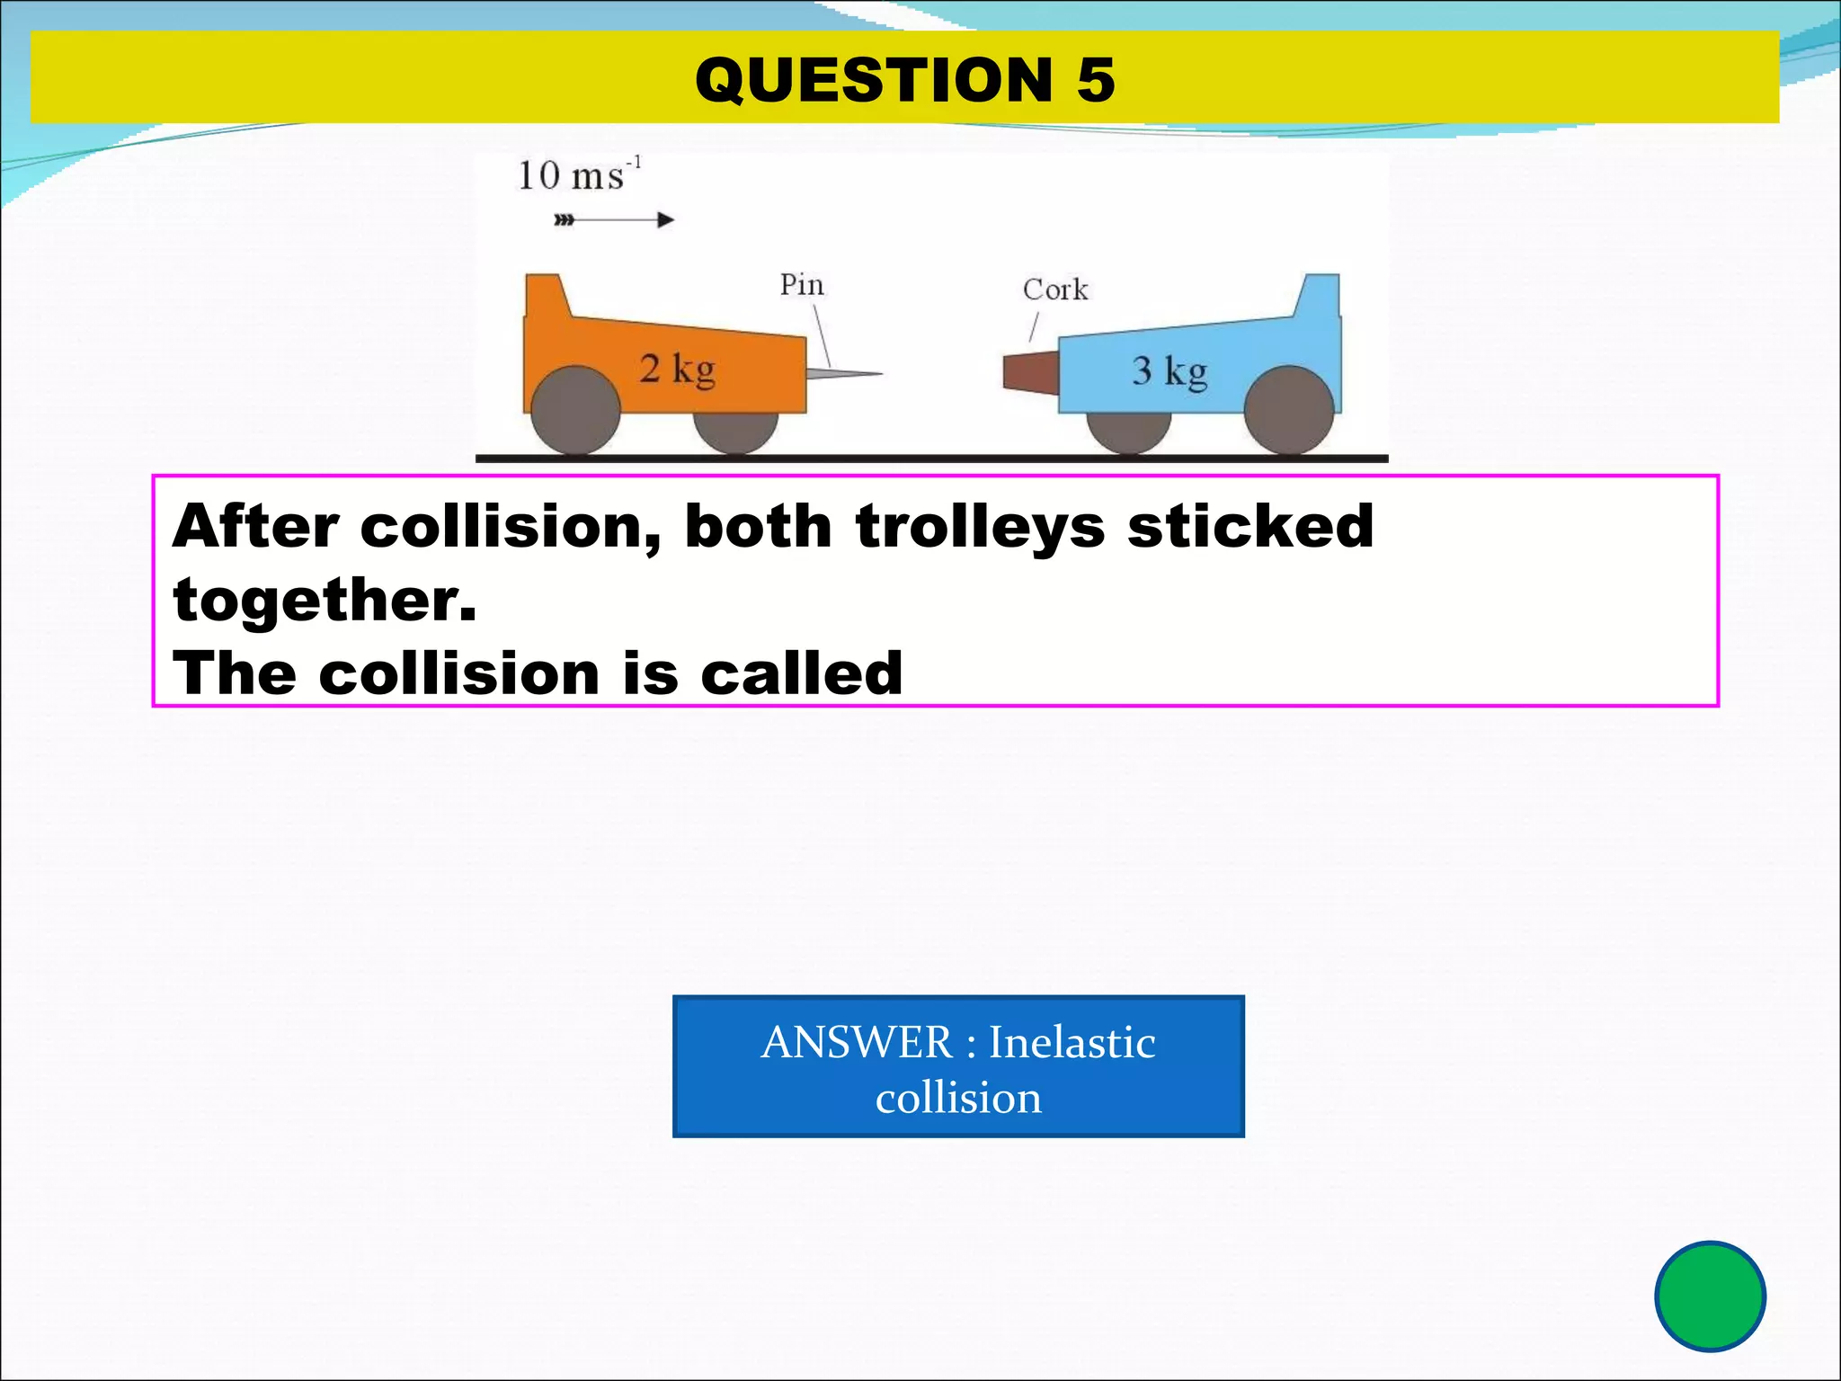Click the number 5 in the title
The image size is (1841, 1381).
1095,80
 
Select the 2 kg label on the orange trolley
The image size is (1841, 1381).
677,369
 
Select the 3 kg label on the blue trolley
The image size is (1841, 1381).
1169,371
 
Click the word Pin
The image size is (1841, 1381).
801,285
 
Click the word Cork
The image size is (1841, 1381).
1055,290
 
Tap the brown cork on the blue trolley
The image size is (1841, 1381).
1030,372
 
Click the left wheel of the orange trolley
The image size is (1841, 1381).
575,411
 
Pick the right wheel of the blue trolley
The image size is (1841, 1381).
1288,411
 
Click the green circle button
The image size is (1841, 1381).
1710,1296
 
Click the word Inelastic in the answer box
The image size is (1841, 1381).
1072,1043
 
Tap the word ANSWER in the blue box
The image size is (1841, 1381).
856,1043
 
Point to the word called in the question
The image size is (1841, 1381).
801,673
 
